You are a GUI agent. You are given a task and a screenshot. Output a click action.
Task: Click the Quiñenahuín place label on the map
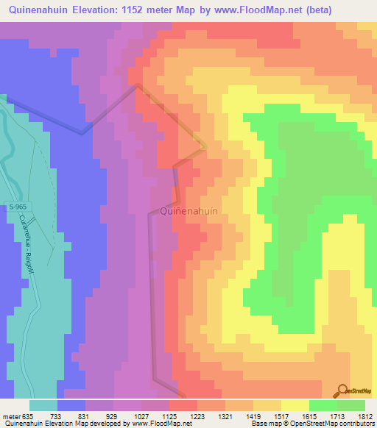(188, 211)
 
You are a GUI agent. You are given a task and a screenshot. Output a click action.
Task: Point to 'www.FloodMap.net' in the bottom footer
(158, 424)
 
